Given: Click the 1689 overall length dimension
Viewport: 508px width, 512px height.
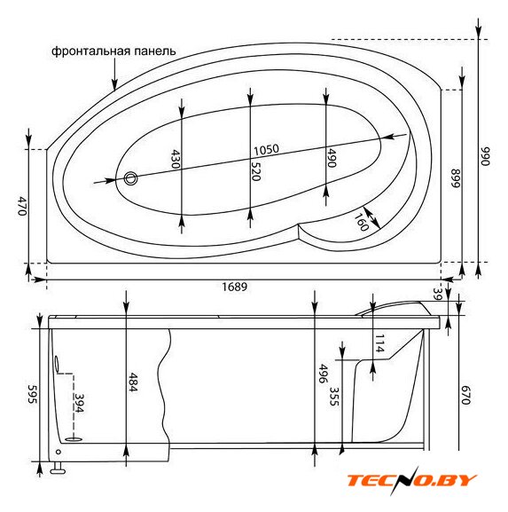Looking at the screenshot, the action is (x=235, y=287).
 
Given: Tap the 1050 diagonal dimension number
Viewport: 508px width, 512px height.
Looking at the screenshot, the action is (x=266, y=150).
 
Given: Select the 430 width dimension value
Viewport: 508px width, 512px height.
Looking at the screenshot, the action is (x=176, y=159).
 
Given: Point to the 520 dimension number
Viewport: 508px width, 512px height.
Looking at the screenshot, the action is (x=256, y=171).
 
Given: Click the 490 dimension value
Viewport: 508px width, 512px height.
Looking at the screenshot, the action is (x=332, y=158).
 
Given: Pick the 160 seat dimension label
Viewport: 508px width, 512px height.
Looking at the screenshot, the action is (x=361, y=222).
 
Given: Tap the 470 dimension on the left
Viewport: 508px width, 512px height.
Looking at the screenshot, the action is (x=22, y=206).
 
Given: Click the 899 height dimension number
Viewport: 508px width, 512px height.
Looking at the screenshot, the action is (x=455, y=178).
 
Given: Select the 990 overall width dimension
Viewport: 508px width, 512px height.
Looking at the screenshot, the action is (x=486, y=156).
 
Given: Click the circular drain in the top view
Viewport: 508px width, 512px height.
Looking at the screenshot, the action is (x=131, y=178).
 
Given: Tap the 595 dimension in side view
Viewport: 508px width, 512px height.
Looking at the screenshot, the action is (x=32, y=394).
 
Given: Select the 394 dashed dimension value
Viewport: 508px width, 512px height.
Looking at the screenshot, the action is (x=79, y=403).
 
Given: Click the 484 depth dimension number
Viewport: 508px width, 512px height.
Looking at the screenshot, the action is (x=134, y=382).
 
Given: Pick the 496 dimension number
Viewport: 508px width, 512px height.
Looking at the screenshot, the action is (x=323, y=374).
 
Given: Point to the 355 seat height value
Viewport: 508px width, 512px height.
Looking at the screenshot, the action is (x=334, y=397).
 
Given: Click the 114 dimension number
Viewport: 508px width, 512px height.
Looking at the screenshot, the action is (x=379, y=343).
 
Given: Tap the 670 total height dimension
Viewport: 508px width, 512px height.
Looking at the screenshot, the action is (x=465, y=395).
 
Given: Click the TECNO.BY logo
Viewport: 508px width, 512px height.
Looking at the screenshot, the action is (x=411, y=481).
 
